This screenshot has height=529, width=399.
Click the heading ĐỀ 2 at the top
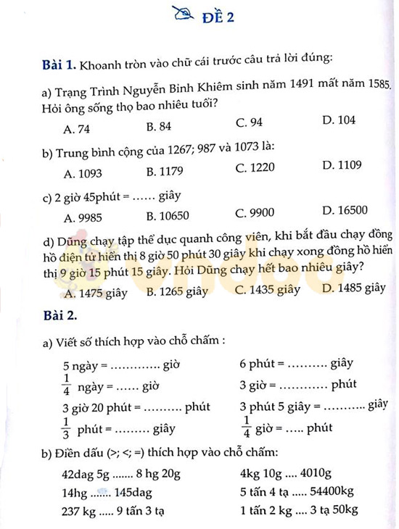click(218, 18)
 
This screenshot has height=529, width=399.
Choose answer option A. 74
click(77, 129)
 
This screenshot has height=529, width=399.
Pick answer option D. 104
click(339, 120)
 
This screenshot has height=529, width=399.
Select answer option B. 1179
click(164, 172)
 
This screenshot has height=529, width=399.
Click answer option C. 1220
click(255, 167)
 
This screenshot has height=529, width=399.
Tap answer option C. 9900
click(255, 213)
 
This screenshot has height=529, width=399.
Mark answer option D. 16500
click(345, 210)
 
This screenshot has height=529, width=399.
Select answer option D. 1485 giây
click(354, 288)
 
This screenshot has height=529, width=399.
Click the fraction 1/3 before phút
click(66, 428)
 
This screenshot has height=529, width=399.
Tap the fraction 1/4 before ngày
click(66, 384)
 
